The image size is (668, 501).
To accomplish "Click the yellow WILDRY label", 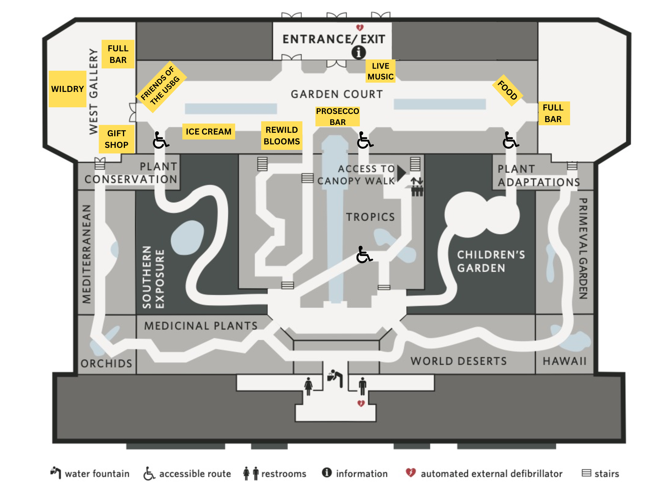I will click(67, 89).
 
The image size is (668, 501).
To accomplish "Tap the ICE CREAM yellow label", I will click(208, 132).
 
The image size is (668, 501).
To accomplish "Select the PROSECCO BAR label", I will click(337, 116).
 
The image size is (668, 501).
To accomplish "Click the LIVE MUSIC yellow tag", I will click(380, 71).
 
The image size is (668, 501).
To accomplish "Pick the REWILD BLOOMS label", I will click(282, 136).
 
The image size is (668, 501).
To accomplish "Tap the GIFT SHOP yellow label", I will click(116, 139).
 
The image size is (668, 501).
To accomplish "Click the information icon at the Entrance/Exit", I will click(358, 52).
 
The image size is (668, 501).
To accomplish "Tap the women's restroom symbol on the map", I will click(308, 386).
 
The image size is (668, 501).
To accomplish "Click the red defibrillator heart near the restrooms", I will click(361, 404).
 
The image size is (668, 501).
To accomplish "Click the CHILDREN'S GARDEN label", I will click(491, 261).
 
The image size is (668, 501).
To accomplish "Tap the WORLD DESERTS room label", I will click(458, 361).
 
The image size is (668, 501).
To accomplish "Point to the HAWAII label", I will click(564, 361).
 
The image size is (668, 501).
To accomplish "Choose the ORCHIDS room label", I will click(106, 363).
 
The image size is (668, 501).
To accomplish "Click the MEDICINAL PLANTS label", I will click(201, 326).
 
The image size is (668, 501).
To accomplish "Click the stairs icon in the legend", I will click(586, 473).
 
